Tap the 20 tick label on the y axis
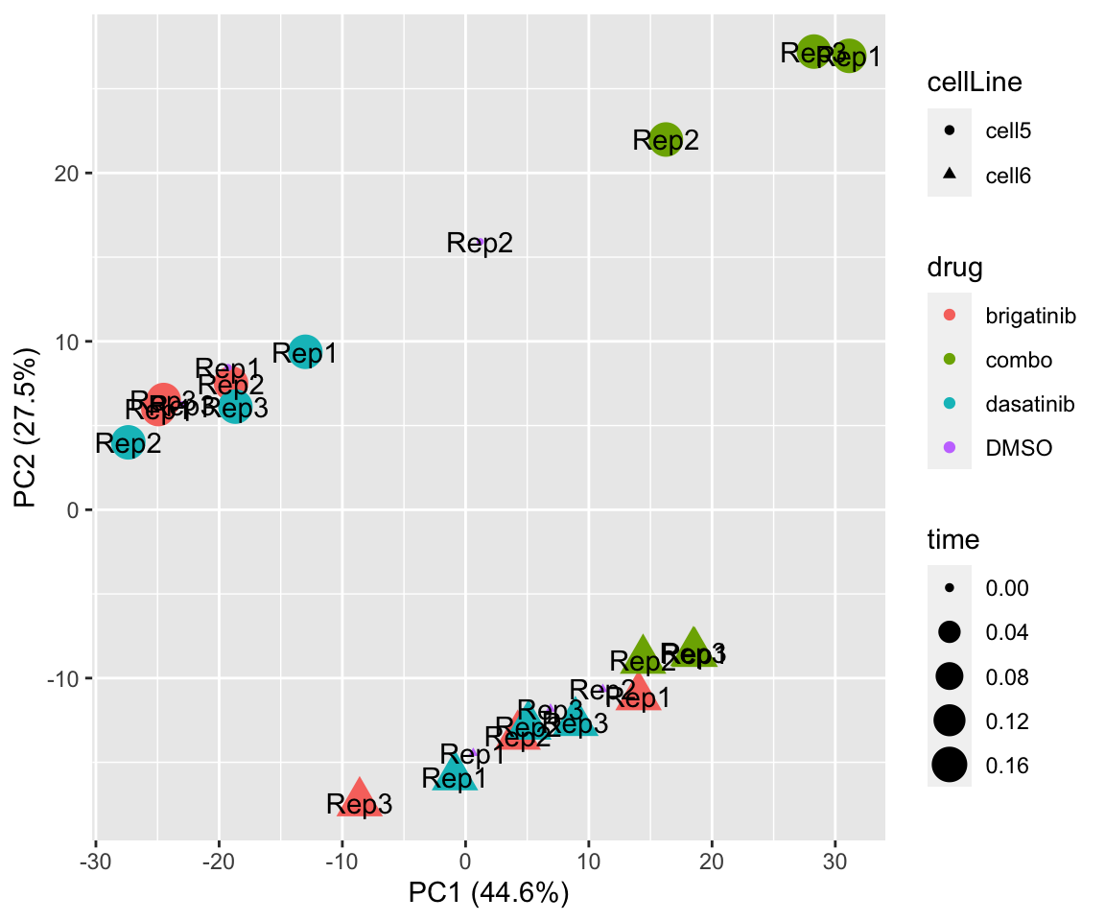(67, 174)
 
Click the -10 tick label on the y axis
(61, 678)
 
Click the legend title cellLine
(974, 83)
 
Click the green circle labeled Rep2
(666, 139)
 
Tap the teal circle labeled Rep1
(305, 352)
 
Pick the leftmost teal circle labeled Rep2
(129, 443)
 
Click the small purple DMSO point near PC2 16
(480, 241)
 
